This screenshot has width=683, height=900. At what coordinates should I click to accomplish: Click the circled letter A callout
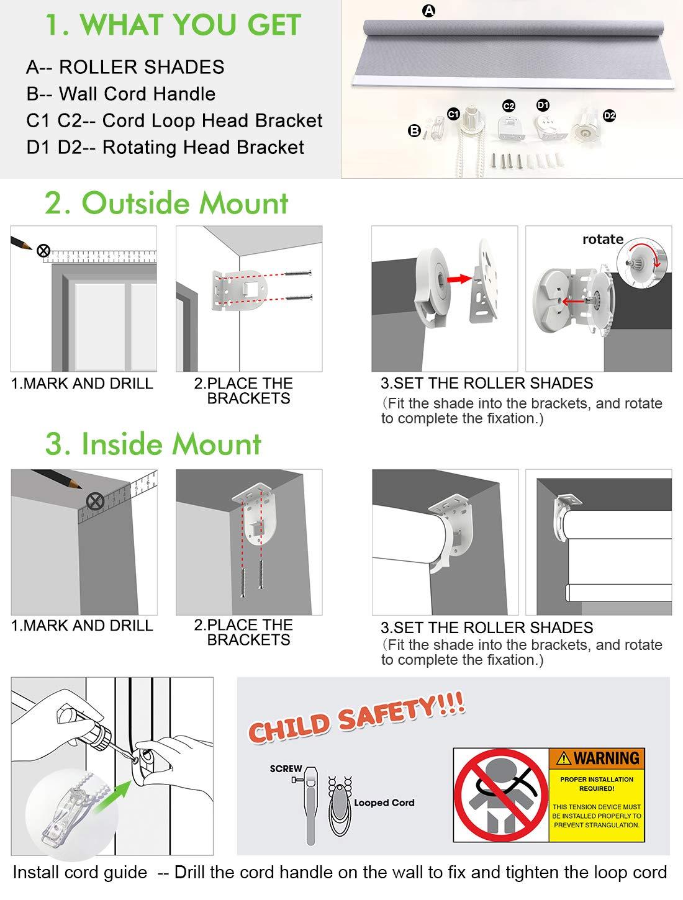(x=428, y=11)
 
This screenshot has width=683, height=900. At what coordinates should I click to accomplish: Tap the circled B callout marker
(x=414, y=131)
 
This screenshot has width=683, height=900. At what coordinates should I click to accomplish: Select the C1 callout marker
(x=453, y=114)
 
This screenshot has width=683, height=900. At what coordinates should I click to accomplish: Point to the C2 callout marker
(x=509, y=106)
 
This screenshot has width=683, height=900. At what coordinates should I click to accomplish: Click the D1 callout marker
(x=543, y=105)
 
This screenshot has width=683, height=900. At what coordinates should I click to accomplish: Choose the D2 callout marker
(x=610, y=115)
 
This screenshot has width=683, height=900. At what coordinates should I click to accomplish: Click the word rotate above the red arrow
(x=603, y=239)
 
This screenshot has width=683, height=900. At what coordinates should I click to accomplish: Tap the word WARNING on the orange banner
(x=606, y=758)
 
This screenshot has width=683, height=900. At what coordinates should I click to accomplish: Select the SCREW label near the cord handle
(x=286, y=768)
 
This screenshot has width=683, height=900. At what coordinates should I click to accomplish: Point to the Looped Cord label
(x=384, y=803)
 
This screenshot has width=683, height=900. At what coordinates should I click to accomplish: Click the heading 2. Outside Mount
(x=166, y=203)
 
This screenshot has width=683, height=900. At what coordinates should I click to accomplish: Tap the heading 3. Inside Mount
(x=153, y=444)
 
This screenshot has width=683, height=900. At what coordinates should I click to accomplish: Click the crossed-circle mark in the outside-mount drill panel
(x=43, y=250)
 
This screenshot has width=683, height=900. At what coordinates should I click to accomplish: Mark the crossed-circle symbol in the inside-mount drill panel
(x=95, y=502)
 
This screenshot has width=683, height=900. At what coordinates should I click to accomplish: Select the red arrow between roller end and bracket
(x=459, y=279)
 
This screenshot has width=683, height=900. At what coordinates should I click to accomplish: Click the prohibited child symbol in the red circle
(x=501, y=795)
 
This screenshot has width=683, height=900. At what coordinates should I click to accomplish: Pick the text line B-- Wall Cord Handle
(x=121, y=94)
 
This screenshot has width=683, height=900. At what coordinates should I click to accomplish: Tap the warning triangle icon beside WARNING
(x=564, y=758)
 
